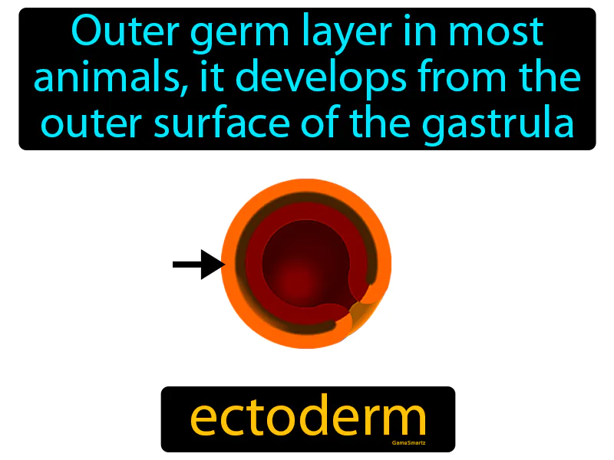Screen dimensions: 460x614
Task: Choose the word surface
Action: [201, 123]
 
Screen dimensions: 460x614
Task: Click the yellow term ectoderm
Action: [308, 418]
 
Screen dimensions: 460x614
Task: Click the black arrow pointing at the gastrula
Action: [198, 264]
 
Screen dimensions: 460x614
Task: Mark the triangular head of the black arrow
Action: [212, 264]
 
